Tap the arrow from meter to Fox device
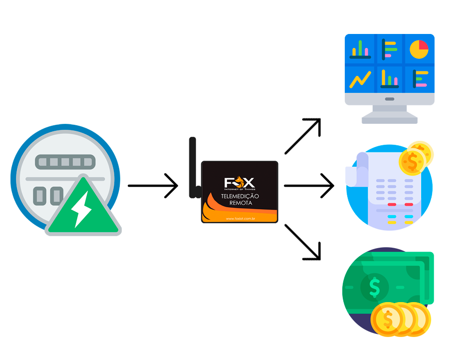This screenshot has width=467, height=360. (x=153, y=186)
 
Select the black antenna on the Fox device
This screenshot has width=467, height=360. (x=193, y=167)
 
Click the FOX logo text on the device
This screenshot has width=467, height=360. (x=239, y=183)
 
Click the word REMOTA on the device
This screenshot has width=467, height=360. (x=240, y=204)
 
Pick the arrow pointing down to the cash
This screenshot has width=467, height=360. (x=303, y=242)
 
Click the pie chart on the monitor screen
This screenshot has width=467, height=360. (x=419, y=49)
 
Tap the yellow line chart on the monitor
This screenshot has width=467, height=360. (x=360, y=79)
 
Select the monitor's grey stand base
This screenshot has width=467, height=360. (x=389, y=118)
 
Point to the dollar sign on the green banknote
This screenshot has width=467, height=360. (x=375, y=287)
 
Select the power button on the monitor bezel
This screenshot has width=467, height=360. (x=389, y=99)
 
